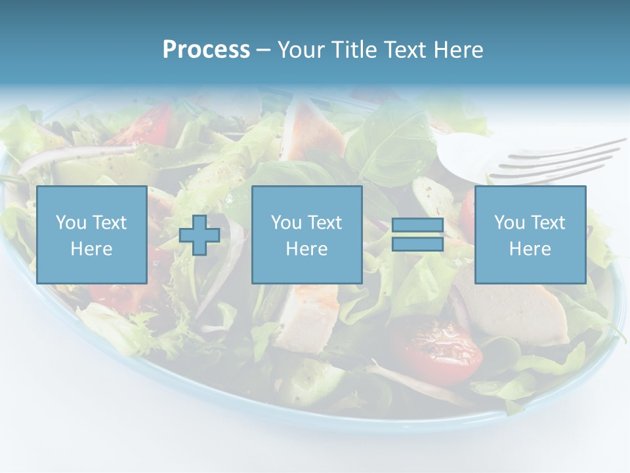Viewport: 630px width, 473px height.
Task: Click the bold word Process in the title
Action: click(206, 50)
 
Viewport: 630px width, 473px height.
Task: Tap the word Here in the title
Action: click(455, 50)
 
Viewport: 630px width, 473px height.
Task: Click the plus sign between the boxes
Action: click(199, 235)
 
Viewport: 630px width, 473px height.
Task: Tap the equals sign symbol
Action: click(417, 235)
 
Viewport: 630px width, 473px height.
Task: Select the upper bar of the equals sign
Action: click(417, 225)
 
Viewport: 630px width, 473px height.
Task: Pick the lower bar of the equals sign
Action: click(417, 244)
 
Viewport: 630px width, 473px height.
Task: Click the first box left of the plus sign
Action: click(91, 235)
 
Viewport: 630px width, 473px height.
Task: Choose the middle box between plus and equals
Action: click(306, 235)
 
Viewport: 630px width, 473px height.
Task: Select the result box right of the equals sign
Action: click(530, 235)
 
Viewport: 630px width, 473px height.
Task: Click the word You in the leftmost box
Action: click(70, 222)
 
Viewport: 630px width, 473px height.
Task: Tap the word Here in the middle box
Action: click(306, 248)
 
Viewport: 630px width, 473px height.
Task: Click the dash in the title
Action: click(263, 50)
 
